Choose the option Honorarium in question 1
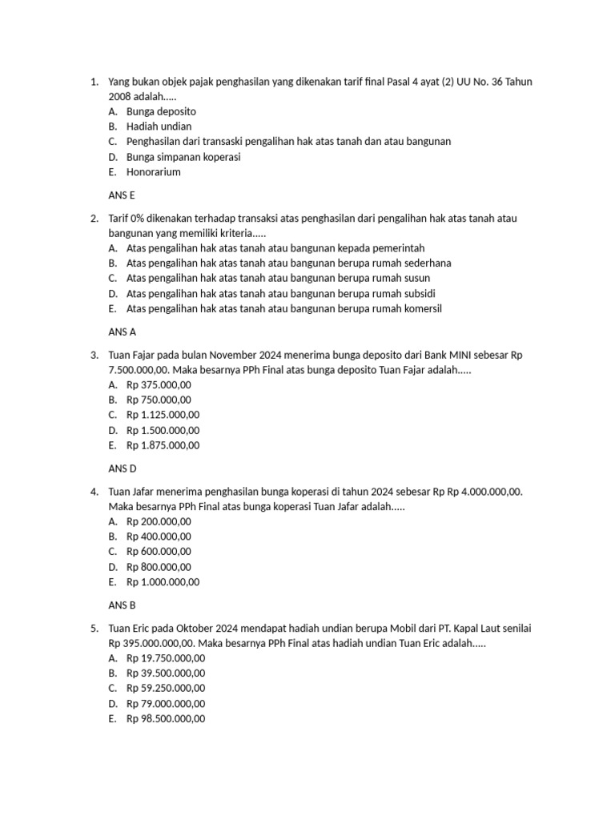(154, 172)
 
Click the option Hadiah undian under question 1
(159, 127)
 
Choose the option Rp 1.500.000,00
(163, 431)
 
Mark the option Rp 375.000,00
(159, 385)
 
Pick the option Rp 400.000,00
(159, 537)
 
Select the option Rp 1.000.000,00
(163, 582)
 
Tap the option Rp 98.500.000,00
(166, 719)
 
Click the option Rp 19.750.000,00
(166, 658)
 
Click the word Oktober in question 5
(212, 629)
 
